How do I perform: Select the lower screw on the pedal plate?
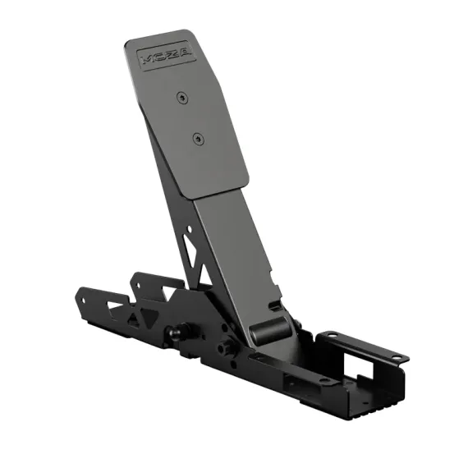pyautogui.click(x=197, y=139)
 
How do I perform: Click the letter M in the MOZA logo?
pyautogui.click(x=148, y=60)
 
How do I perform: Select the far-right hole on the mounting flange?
pyautogui.click(x=397, y=357)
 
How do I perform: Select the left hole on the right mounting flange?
pyautogui.click(x=330, y=335)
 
